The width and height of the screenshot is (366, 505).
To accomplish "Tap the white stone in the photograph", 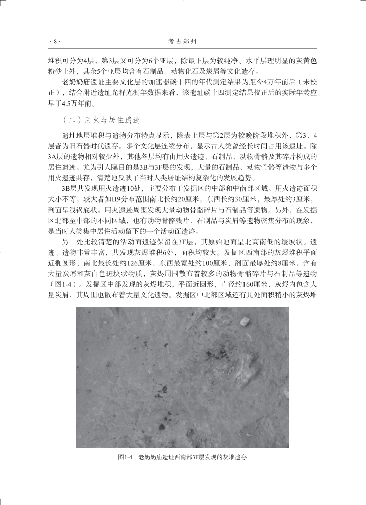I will [x=246, y=321].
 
